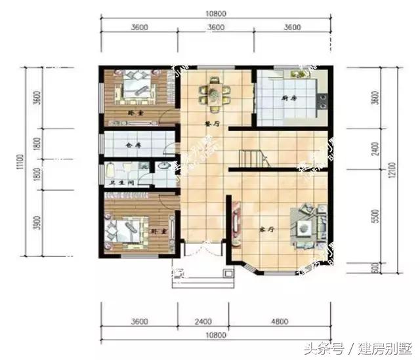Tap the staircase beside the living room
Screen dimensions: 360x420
click(251, 158)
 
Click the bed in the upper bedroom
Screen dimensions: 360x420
click(135, 89)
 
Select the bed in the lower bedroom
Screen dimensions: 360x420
click(124, 229)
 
